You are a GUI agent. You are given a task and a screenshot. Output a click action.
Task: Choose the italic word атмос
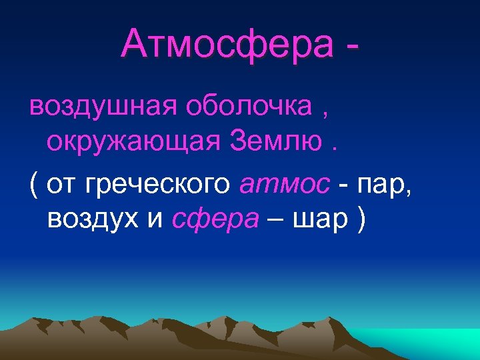284,184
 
